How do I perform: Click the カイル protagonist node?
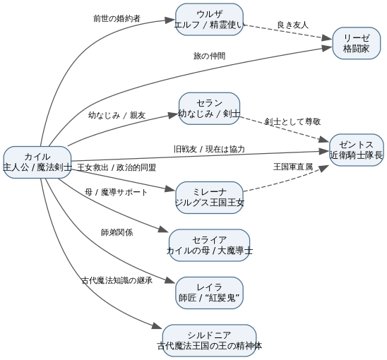point(37,162)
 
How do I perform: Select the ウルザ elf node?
point(209,19)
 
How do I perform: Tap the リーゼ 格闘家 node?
point(357,43)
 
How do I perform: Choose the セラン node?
point(209,109)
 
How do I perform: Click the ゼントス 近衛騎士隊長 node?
point(357,150)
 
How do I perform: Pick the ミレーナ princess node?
point(209,198)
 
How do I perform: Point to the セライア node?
point(209,245)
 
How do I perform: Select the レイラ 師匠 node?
point(209,293)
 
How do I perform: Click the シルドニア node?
point(209,340)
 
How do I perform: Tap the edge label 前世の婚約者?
point(117,18)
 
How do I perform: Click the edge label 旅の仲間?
point(209,56)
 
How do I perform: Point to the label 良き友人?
point(292,25)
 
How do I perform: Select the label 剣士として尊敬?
point(292,121)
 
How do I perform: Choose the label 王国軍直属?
point(293,167)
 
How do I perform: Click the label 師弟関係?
point(117,232)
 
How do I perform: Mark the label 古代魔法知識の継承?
point(117,280)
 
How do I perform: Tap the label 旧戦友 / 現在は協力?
point(209,149)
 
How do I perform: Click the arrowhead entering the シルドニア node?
point(157,326)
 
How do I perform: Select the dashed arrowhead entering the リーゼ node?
point(327,38)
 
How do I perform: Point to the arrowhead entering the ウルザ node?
point(170,20)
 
